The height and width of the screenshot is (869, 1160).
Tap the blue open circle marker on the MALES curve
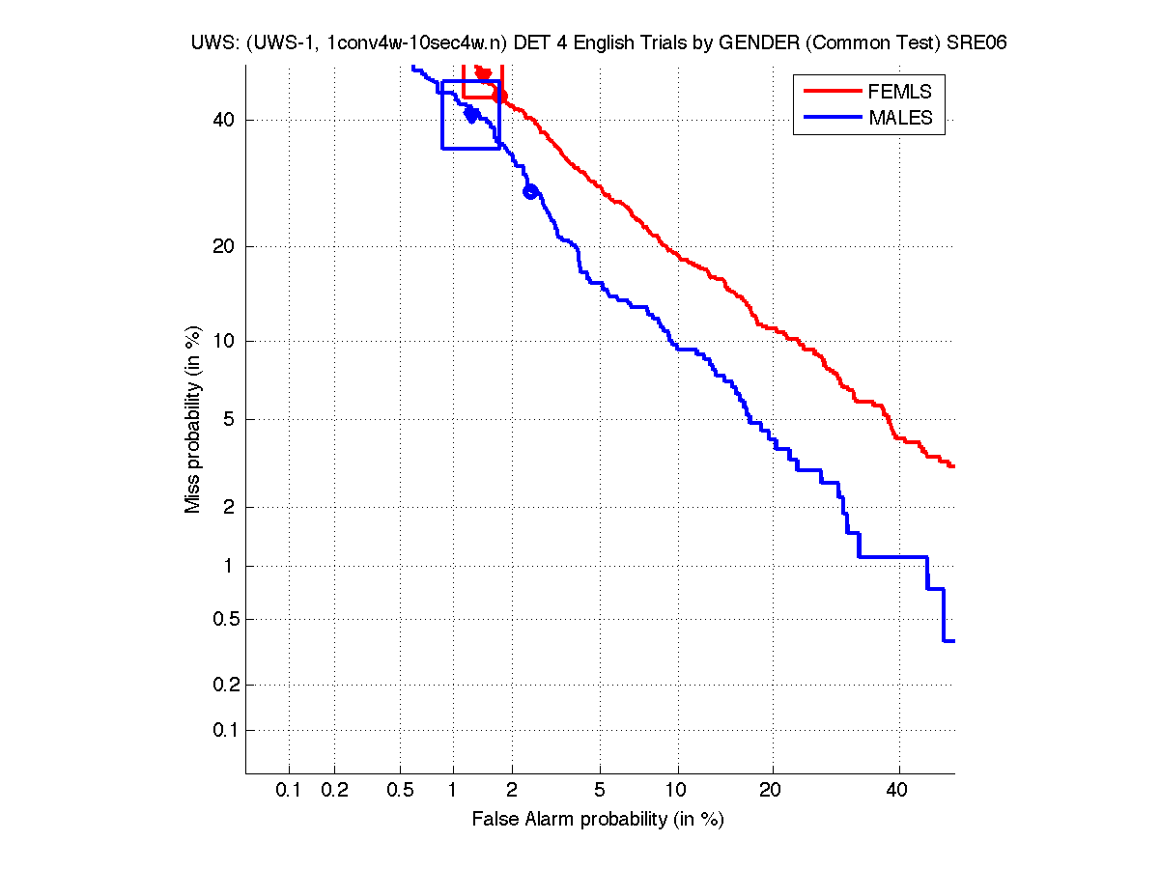pyautogui.click(x=529, y=191)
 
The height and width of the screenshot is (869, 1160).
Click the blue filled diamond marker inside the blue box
pyautogui.click(x=471, y=115)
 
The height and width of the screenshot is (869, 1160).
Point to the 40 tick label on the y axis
pyautogui.click(x=224, y=120)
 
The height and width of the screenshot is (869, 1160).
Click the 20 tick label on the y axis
pyautogui.click(x=224, y=246)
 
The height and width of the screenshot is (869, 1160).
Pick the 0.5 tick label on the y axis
pyautogui.click(x=220, y=619)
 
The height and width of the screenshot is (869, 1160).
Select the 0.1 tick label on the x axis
pyautogui.click(x=289, y=790)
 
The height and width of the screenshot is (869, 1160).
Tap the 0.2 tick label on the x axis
pyautogui.click(x=334, y=790)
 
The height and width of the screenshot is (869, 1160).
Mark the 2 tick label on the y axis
pyautogui.click(x=228, y=507)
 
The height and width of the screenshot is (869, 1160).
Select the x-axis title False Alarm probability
pyautogui.click(x=598, y=820)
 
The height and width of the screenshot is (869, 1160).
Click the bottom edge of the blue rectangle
pyautogui.click(x=471, y=148)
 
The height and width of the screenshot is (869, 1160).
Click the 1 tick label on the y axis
pyautogui.click(x=229, y=566)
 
